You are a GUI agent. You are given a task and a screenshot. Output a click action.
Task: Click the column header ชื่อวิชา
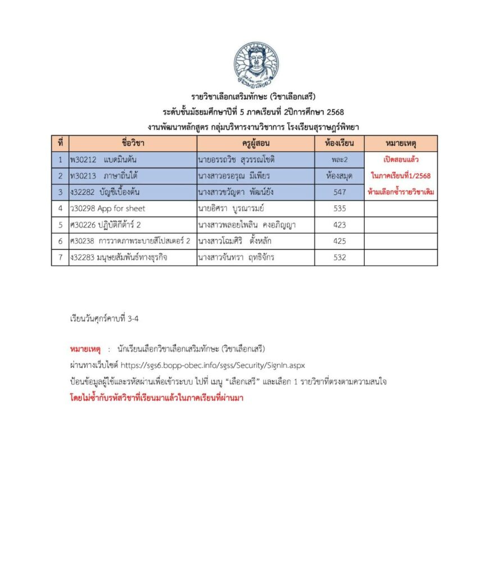pyautogui.click(x=133, y=143)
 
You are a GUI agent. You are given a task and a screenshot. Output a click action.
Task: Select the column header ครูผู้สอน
pyautogui.click(x=256, y=143)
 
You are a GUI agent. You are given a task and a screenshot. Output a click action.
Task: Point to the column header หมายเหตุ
pyautogui.click(x=401, y=143)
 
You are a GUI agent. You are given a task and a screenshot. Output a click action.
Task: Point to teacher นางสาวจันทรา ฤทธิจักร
pyautogui.click(x=242, y=257)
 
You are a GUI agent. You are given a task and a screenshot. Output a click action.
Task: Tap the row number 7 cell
pyautogui.click(x=60, y=257)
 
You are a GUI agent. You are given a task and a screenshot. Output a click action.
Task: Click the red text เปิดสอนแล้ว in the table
pyautogui.click(x=401, y=159)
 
